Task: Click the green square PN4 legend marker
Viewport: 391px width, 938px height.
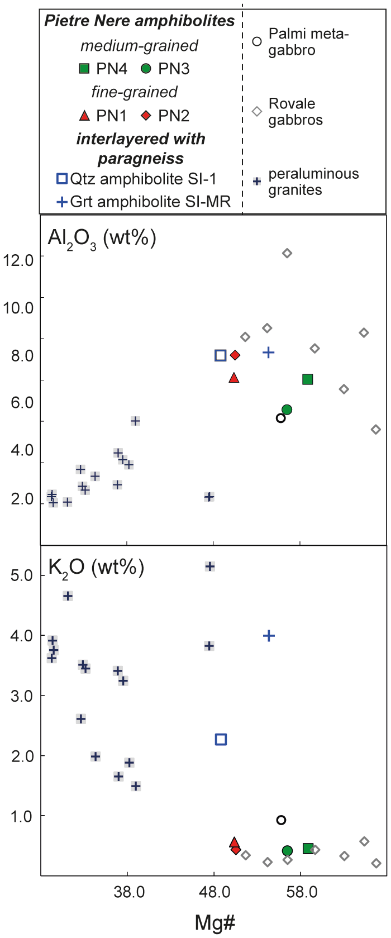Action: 84,69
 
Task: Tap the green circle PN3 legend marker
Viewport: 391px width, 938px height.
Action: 146,69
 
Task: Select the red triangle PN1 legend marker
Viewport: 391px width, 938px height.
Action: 84,116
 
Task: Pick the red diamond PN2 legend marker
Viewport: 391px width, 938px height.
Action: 146,116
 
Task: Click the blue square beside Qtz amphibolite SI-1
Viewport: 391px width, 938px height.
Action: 62,179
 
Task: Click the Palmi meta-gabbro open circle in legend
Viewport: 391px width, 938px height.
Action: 256,41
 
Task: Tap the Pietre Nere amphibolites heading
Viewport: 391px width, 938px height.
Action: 140,21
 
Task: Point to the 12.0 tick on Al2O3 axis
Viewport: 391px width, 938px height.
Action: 18,259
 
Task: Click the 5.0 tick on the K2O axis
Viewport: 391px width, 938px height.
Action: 22,575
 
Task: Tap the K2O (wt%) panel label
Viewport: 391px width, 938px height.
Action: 96,567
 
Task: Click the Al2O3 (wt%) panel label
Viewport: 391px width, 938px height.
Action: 102,238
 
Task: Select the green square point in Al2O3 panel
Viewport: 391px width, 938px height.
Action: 307,379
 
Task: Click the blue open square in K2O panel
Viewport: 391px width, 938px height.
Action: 221,740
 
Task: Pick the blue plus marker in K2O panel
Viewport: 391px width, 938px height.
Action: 269,635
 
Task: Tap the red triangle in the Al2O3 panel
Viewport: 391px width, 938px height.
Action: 234,378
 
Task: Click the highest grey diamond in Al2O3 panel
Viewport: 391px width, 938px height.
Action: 287,253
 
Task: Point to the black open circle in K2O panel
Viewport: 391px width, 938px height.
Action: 281,820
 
